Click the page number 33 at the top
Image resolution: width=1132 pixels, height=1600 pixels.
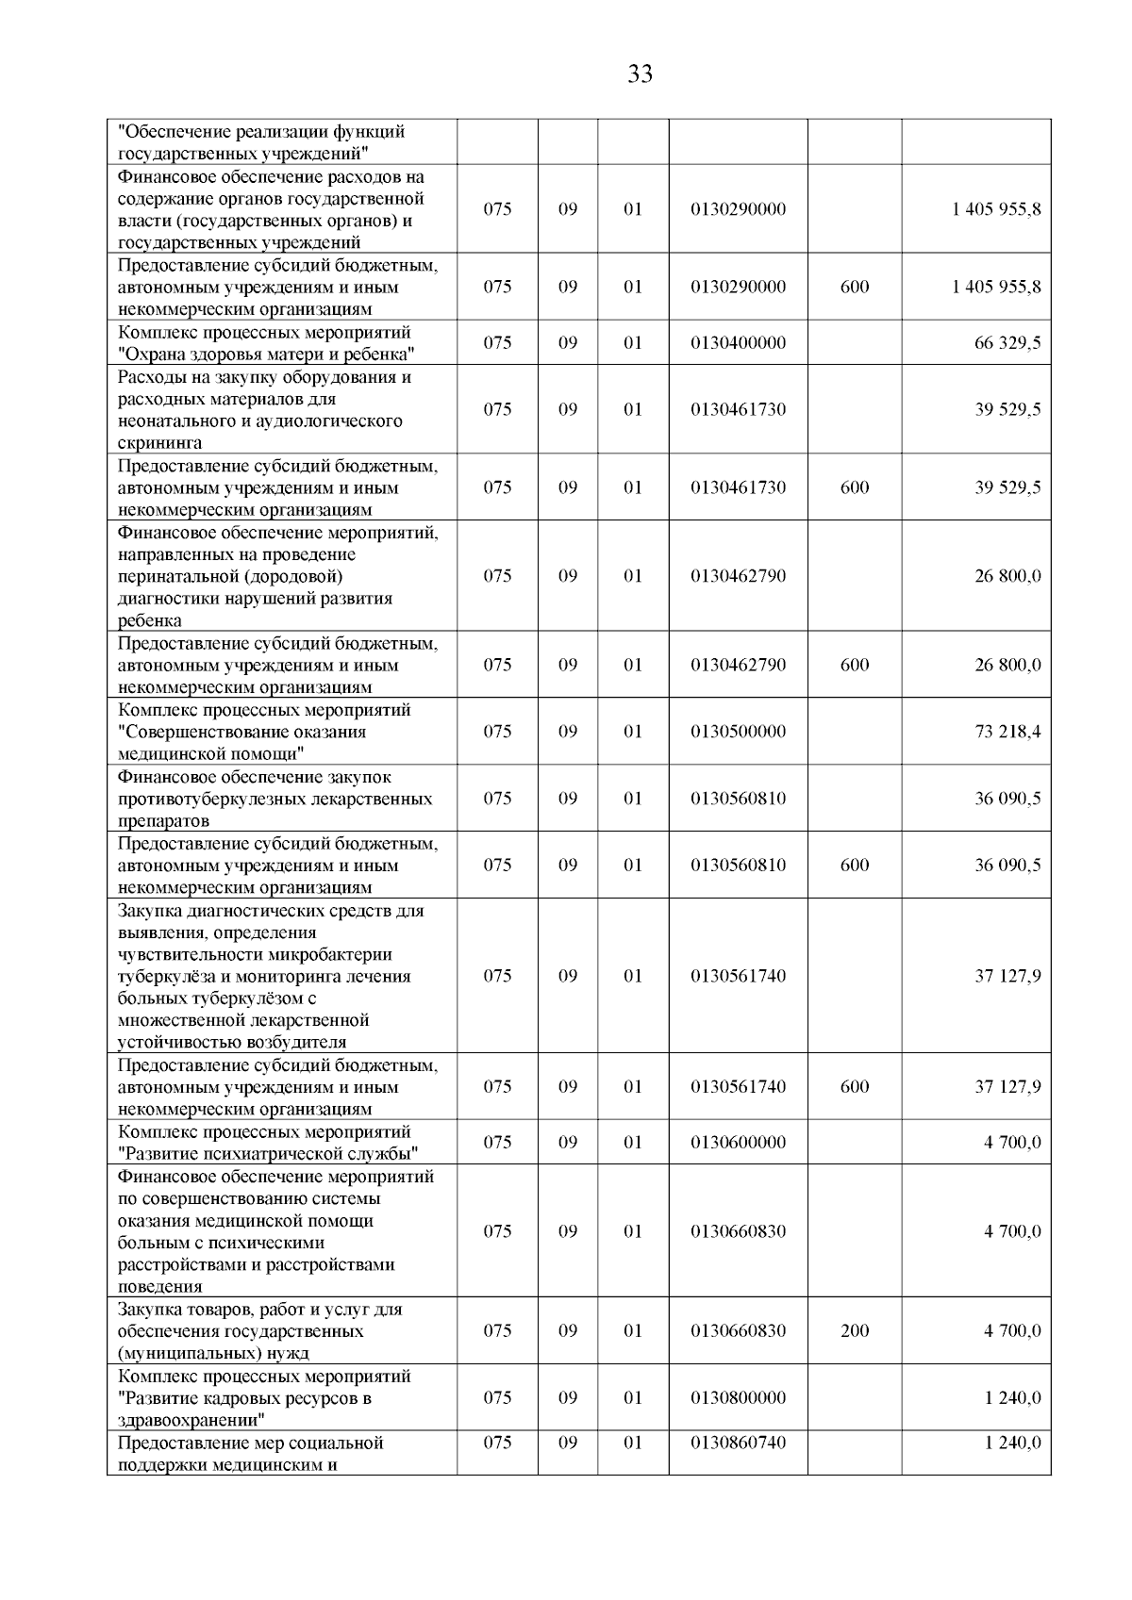click(x=640, y=74)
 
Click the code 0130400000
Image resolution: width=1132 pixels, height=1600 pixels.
click(x=738, y=343)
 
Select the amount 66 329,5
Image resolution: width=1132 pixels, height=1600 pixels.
click(x=1007, y=343)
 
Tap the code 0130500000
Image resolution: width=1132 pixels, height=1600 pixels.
click(x=738, y=732)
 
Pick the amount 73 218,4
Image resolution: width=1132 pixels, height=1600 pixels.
click(x=1007, y=732)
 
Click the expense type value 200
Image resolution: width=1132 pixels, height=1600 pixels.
click(x=854, y=1330)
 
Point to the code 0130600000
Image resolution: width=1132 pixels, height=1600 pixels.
click(x=738, y=1142)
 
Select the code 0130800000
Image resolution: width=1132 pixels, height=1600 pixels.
click(x=738, y=1397)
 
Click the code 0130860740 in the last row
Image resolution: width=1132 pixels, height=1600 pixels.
click(x=738, y=1443)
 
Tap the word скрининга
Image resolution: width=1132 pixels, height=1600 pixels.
click(x=159, y=443)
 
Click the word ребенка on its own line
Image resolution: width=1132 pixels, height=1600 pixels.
click(x=149, y=620)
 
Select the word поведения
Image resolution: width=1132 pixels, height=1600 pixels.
click(x=159, y=1286)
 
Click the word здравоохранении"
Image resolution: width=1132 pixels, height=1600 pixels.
click(x=191, y=1420)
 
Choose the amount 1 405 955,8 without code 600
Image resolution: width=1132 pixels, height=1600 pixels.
click(x=996, y=209)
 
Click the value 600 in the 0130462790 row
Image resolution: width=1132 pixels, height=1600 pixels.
click(x=854, y=665)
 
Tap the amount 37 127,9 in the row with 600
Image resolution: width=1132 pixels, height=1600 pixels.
click(x=1007, y=1086)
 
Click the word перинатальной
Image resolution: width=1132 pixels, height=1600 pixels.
click(x=176, y=576)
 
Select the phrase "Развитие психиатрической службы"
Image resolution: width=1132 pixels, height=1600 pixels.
click(x=268, y=1154)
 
